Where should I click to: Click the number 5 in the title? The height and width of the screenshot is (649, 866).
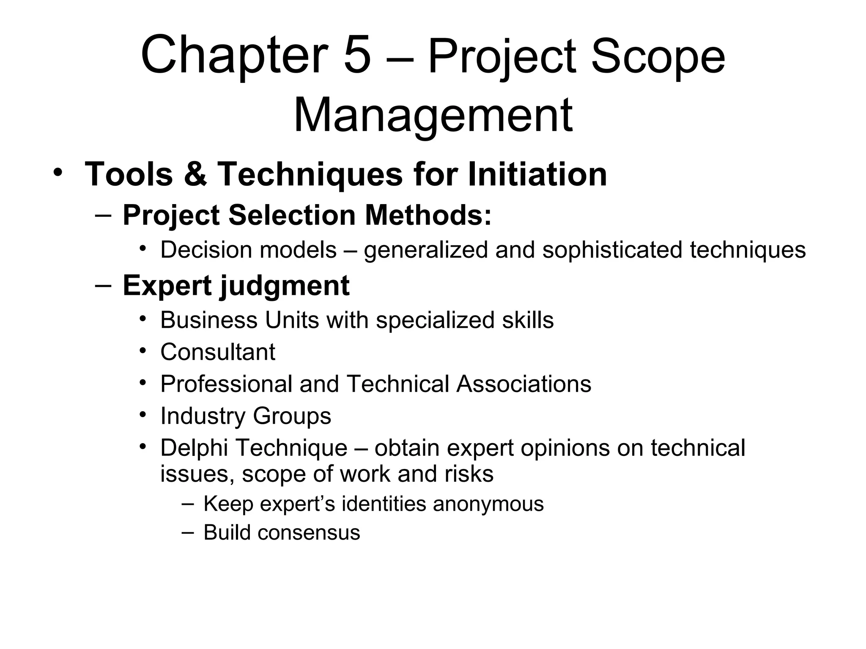[357, 56]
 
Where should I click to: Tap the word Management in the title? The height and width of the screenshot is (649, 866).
[433, 115]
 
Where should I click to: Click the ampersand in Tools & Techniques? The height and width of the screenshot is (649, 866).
[195, 174]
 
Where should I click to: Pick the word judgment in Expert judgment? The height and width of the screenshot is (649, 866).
[285, 286]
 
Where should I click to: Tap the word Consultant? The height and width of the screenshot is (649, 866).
[218, 352]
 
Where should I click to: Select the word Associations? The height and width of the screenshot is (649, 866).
[523, 384]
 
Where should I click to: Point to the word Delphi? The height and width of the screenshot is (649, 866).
[194, 448]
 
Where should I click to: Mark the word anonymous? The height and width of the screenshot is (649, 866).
[488, 504]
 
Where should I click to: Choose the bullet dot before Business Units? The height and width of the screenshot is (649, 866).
[143, 318]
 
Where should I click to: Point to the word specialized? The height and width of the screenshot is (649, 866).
[435, 320]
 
